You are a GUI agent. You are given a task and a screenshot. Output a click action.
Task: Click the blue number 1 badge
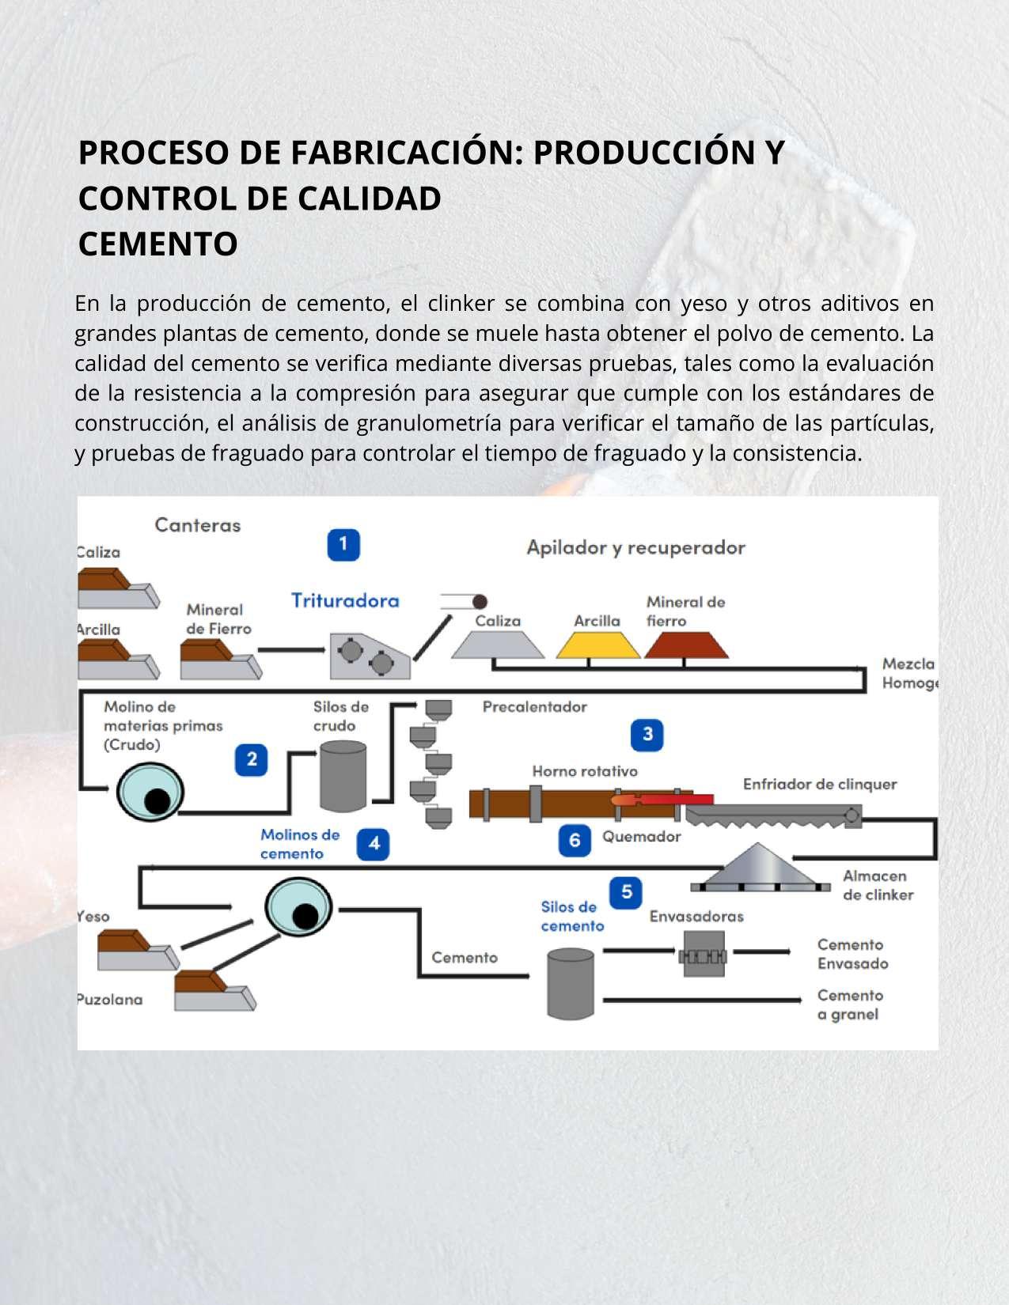[343, 544]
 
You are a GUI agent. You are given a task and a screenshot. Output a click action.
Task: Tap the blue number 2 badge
[252, 759]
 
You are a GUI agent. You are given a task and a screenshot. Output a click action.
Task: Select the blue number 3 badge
[647, 734]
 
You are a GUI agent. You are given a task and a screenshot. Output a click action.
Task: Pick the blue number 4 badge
[374, 844]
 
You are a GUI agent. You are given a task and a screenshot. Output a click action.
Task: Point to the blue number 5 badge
[626, 892]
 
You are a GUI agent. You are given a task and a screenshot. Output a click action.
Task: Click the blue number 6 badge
[575, 840]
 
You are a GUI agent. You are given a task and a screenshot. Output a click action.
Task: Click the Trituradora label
[345, 600]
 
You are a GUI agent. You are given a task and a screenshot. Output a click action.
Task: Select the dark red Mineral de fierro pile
[685, 645]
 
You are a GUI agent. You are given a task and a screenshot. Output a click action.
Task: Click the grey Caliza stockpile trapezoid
[498, 645]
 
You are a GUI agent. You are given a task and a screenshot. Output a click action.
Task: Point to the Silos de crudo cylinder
[343, 775]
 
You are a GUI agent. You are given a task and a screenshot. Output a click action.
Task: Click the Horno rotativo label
[585, 771]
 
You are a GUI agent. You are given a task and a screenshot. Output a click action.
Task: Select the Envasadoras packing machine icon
[703, 955]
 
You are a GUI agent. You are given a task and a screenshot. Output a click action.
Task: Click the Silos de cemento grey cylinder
[570, 982]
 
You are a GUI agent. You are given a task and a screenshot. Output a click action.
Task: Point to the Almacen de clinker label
[878, 885]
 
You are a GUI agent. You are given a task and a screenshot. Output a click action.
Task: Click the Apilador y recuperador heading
[635, 547]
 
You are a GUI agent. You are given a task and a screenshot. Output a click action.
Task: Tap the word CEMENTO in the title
[158, 244]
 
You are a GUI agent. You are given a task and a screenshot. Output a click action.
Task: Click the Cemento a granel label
[849, 1004]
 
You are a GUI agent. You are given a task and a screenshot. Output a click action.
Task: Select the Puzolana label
[110, 999]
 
